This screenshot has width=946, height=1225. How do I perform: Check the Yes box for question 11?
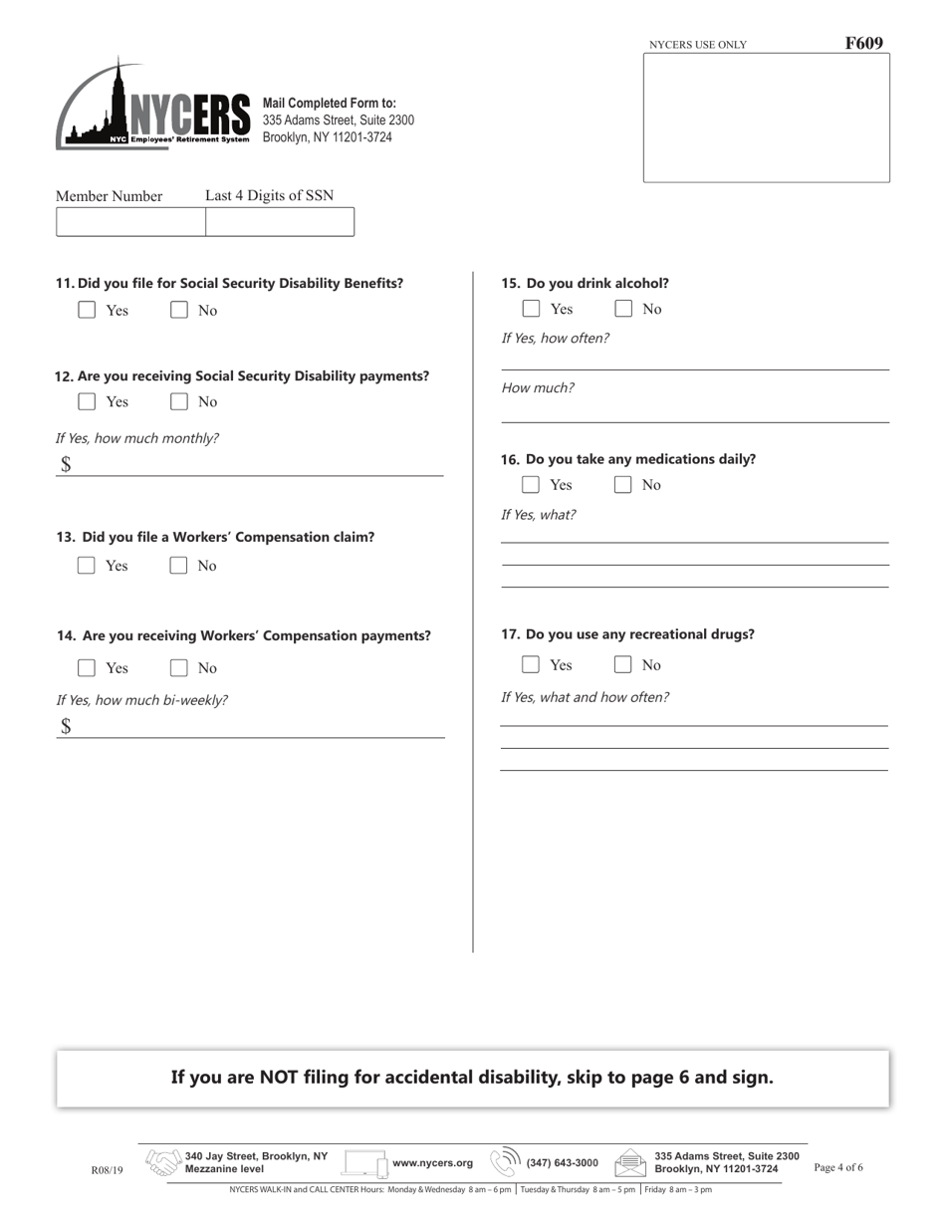click(87, 310)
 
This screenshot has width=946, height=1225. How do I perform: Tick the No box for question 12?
click(179, 401)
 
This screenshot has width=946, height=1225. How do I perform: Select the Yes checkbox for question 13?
click(87, 566)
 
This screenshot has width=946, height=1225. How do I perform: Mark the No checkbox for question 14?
click(179, 667)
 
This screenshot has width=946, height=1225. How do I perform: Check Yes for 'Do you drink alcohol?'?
click(532, 309)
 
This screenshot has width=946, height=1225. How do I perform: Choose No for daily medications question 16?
click(623, 485)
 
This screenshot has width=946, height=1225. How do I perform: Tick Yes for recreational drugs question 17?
click(532, 664)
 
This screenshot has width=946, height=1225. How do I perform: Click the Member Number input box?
click(130, 222)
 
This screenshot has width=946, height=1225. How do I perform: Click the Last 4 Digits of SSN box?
click(279, 222)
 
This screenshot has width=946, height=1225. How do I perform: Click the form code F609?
click(863, 43)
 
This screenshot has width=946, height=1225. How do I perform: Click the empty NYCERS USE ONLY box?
click(766, 118)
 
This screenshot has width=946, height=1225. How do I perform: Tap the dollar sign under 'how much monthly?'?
click(66, 464)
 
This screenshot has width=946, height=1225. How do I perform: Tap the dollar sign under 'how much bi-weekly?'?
click(66, 726)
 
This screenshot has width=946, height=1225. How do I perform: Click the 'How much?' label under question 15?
click(538, 388)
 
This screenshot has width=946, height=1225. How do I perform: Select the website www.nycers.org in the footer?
click(433, 1162)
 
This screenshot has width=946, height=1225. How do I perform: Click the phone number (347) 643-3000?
click(563, 1162)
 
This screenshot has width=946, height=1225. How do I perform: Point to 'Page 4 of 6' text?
click(838, 1167)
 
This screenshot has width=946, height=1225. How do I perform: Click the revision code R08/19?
click(107, 1170)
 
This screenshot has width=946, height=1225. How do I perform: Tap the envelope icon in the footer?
click(630, 1162)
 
